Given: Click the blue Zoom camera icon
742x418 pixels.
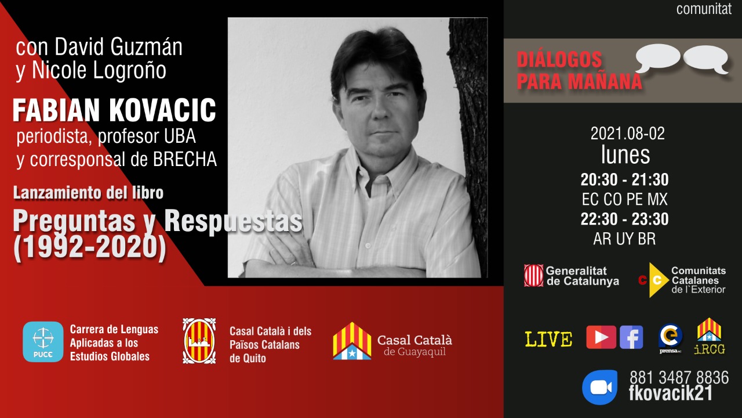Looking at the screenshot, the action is tap(600, 387).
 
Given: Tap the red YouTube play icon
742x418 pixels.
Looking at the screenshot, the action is tap(601, 337).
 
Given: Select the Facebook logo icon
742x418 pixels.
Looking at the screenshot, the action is tap(631, 337).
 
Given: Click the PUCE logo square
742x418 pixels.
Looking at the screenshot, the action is tap(43, 342).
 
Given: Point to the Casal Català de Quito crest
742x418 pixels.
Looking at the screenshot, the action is tap(199, 341).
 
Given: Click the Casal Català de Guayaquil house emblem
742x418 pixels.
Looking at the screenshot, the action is tap(352, 341).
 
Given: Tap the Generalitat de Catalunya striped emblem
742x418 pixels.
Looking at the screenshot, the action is tap(534, 275).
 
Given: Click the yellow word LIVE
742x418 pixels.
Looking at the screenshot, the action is tap(548, 339).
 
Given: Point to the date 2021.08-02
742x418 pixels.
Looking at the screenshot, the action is tap(627, 134).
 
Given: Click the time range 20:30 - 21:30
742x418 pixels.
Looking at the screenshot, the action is tap(625, 179).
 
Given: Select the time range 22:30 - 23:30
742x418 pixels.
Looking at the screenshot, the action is tap(625, 219).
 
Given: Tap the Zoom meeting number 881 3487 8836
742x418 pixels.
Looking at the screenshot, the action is tap(679, 377).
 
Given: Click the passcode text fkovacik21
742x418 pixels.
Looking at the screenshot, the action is tap(671, 394).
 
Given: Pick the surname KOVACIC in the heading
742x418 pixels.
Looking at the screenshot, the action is tap(163, 110).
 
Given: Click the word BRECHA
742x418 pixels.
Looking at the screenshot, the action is tap(185, 159).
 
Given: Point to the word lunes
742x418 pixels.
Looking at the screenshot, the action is tap(625, 154).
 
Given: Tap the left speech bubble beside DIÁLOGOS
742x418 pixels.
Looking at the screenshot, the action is tap(657, 57).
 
